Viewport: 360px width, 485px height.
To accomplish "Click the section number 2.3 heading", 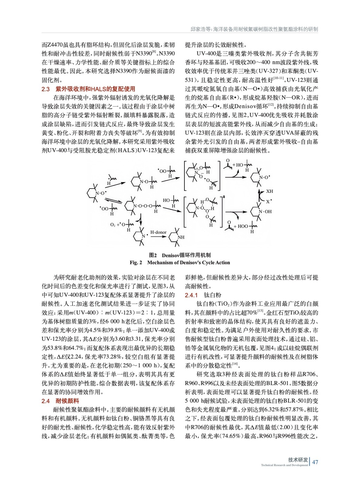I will [x=45, y=89].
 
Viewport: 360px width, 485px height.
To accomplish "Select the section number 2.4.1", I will [x=191, y=295].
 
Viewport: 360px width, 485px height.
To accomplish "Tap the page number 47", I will [x=315, y=462].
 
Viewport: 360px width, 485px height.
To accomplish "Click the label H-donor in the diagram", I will [x=158, y=232].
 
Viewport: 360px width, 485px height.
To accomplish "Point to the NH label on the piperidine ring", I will [x=181, y=237].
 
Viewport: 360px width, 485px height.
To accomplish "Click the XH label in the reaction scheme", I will [x=269, y=191].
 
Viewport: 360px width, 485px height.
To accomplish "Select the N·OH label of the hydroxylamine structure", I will [x=265, y=212].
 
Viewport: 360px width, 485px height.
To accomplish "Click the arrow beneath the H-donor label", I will [x=158, y=237].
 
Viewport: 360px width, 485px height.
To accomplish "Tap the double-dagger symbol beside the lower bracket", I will [x=224, y=197].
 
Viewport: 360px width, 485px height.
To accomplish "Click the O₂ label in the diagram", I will [x=113, y=225].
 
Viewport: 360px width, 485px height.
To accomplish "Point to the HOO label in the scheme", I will [x=243, y=226].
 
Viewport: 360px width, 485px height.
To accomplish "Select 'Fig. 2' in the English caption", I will [x=136, y=263].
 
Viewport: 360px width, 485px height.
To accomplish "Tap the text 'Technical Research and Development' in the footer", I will [x=284, y=465].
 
